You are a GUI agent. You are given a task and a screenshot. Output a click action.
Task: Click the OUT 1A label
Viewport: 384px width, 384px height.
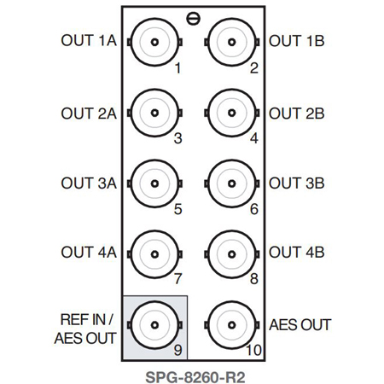(x=89, y=41)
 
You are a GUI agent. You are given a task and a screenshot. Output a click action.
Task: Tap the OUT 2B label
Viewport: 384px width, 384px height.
(x=297, y=113)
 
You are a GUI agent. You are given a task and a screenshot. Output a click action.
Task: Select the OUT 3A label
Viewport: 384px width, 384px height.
(x=89, y=183)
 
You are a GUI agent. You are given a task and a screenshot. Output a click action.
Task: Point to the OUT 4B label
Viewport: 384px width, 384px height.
(x=297, y=253)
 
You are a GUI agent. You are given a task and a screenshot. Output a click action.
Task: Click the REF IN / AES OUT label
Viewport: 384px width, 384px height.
(x=85, y=329)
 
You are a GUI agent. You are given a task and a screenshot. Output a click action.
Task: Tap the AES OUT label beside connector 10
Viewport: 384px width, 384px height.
(x=300, y=325)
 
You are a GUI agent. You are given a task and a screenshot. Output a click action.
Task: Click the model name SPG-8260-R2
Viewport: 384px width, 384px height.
(x=195, y=378)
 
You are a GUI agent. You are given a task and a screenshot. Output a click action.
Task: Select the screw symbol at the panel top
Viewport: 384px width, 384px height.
(x=194, y=19)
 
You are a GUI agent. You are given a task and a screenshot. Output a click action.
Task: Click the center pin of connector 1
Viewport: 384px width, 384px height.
(x=154, y=42)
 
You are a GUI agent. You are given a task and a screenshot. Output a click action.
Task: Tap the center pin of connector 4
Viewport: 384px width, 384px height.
(x=232, y=113)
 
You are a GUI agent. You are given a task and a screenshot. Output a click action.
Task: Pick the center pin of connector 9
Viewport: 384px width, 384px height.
(x=154, y=325)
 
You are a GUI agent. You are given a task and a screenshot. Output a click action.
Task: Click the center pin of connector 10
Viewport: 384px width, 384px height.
(x=232, y=325)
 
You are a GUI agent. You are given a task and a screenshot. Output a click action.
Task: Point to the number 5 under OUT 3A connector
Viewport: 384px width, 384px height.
(x=178, y=209)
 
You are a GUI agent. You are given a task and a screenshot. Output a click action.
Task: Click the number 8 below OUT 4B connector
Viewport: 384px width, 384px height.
(x=254, y=279)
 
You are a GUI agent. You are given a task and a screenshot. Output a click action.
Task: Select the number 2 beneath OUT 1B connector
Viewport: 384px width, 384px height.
(x=254, y=68)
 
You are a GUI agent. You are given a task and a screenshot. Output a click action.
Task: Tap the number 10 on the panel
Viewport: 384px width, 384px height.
(x=253, y=350)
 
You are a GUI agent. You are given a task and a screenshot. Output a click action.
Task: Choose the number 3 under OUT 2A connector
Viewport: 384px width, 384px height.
(x=178, y=138)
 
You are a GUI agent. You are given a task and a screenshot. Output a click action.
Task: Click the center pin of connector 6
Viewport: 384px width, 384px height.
(x=232, y=183)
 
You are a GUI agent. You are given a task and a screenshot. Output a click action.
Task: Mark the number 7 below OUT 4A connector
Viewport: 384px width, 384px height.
(x=178, y=279)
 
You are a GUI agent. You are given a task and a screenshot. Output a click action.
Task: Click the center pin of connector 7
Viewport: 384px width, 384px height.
(x=154, y=254)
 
